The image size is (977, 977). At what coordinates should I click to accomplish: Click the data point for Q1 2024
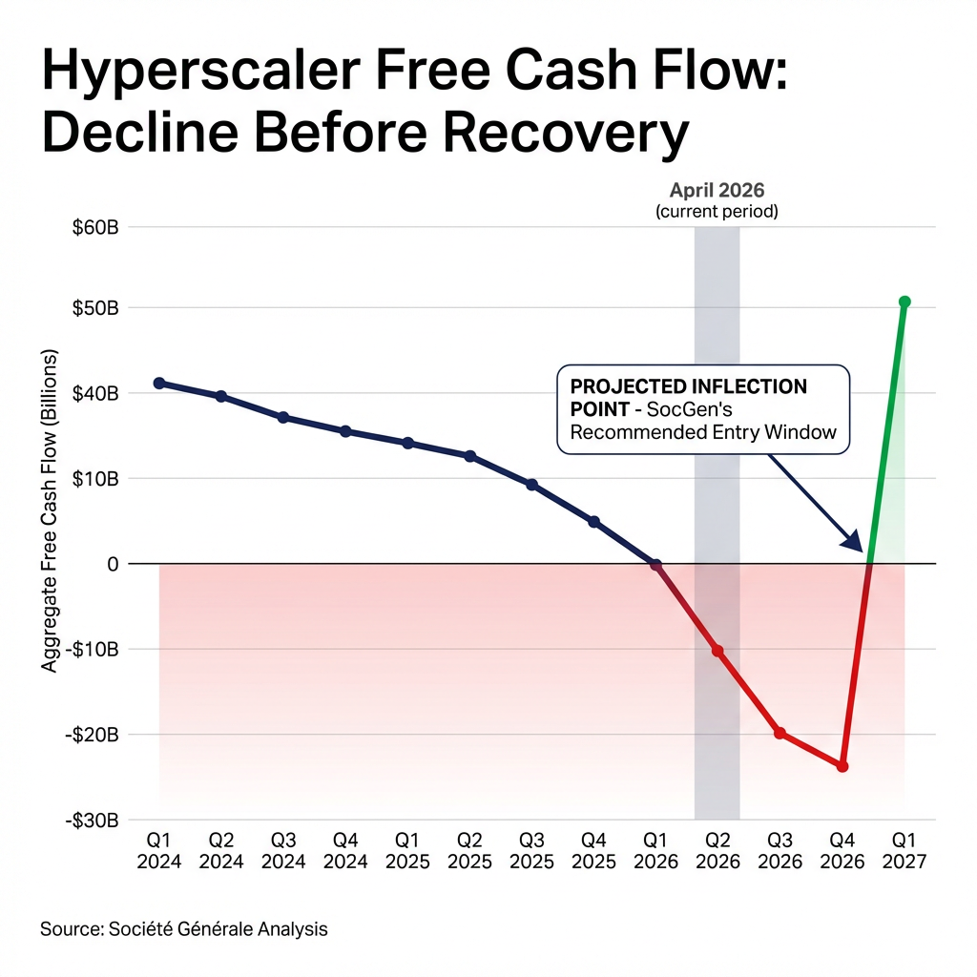[x=159, y=383]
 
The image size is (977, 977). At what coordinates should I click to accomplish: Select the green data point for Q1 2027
[x=904, y=301]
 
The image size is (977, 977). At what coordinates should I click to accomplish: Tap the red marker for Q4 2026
[x=842, y=766]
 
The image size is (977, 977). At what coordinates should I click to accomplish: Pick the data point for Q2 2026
[x=717, y=651]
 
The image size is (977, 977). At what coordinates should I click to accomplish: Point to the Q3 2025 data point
[x=531, y=485]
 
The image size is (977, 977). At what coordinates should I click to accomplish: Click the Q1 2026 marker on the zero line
[x=655, y=565]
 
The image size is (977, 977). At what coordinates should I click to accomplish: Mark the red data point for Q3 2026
[x=780, y=733]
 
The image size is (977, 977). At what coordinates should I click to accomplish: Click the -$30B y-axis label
[x=94, y=820]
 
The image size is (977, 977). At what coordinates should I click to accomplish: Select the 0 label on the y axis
[x=112, y=564]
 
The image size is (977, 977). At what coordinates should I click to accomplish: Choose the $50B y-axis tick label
[x=96, y=308]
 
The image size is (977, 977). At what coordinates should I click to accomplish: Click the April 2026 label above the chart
[x=717, y=190]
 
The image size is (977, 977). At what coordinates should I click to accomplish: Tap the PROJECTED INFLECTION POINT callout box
[x=702, y=409]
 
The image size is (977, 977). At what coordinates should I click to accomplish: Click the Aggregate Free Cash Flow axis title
[x=51, y=510]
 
